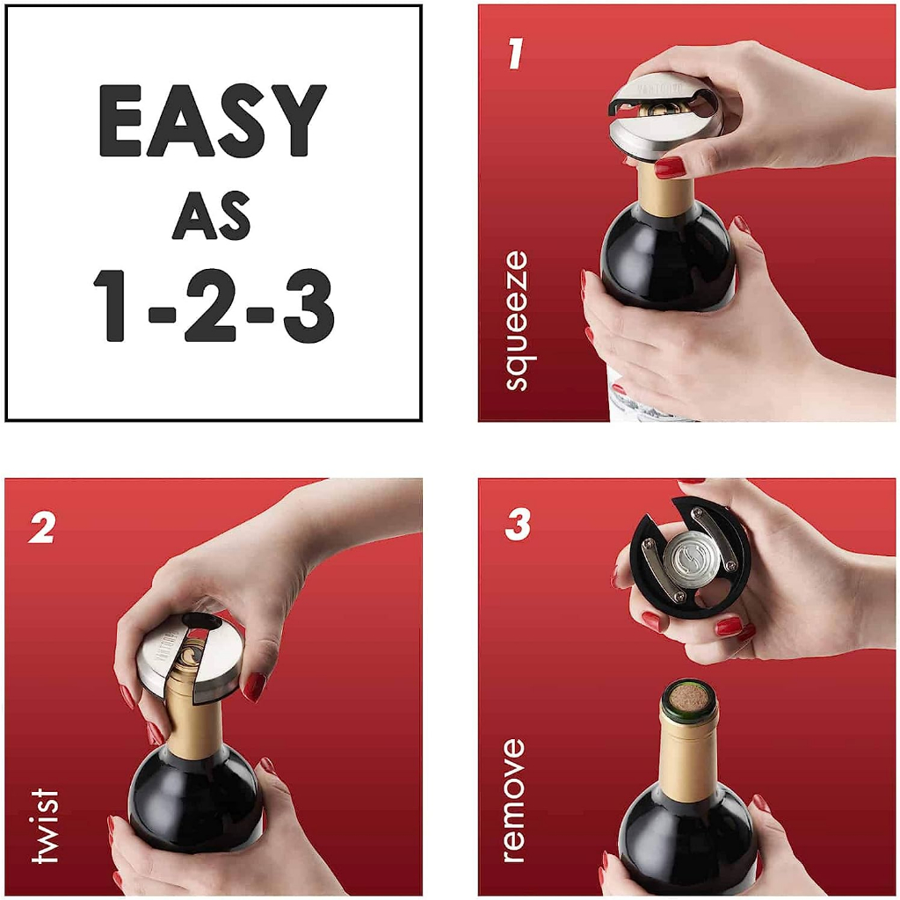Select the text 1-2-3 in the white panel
[214, 305]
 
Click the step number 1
[515, 54]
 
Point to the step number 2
[41, 527]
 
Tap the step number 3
[517, 525]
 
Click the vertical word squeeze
[517, 320]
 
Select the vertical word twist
[44, 825]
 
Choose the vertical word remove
[512, 800]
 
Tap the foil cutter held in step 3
[691, 557]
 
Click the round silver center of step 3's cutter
[691, 557]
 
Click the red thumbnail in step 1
[670, 167]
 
